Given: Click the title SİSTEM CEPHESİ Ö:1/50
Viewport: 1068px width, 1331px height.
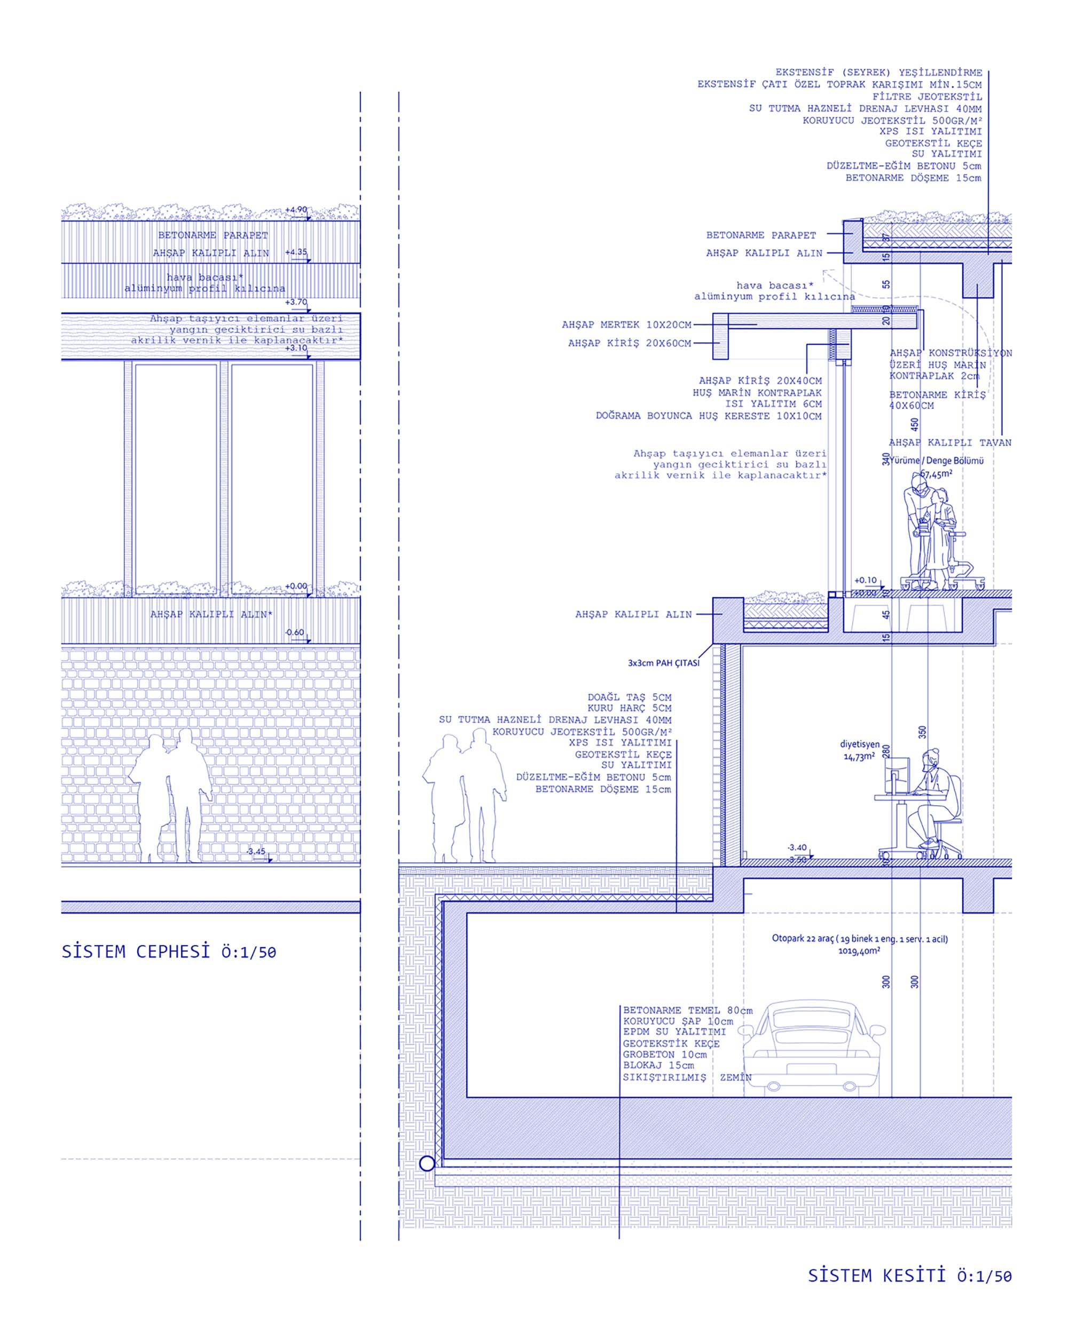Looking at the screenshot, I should click(x=169, y=952).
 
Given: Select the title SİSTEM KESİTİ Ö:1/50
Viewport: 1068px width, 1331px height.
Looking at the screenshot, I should click(x=909, y=1275).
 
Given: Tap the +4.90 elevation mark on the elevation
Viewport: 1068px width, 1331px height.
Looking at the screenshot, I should click(x=296, y=209).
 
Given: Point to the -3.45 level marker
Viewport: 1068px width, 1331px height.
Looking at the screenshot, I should click(x=256, y=852).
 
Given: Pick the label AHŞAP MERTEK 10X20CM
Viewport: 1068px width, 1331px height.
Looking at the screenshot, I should click(x=626, y=324).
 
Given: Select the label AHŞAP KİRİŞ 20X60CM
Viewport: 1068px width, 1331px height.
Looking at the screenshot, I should click(x=629, y=343).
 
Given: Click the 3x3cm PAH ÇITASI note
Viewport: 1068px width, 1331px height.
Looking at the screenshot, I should click(x=663, y=663).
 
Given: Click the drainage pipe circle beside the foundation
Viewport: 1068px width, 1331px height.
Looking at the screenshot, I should click(x=427, y=1164).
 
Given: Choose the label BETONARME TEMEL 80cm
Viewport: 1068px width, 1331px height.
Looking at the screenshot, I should click(x=687, y=1011).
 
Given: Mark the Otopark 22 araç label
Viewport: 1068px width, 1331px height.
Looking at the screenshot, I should click(x=859, y=939).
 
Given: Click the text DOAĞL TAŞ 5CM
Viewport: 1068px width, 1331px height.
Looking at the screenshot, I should click(x=629, y=697).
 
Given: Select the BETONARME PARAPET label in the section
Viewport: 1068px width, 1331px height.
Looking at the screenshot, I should click(x=760, y=235).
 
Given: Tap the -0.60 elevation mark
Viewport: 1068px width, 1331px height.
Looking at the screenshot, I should click(x=295, y=632).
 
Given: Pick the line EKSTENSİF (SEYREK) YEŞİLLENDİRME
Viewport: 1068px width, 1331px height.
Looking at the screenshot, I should click(x=878, y=73).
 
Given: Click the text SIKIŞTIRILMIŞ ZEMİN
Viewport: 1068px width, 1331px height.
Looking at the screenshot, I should click(x=687, y=1078).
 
